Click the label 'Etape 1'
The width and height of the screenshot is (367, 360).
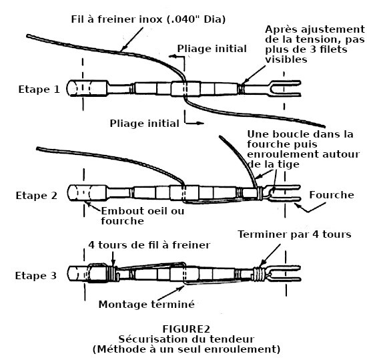click(x=39, y=89)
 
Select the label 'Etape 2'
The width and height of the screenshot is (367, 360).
click(x=37, y=196)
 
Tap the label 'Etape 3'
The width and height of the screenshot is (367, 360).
click(x=36, y=276)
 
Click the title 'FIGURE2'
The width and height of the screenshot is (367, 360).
click(x=186, y=329)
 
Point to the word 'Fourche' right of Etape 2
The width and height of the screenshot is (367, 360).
click(x=332, y=195)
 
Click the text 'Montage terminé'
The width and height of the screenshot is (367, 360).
click(x=147, y=305)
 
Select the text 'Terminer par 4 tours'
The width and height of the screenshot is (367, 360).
click(x=294, y=234)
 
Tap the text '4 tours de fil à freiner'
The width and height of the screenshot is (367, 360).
click(x=149, y=245)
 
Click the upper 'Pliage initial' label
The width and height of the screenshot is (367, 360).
click(x=212, y=49)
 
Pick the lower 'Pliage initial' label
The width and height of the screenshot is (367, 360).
click(x=144, y=124)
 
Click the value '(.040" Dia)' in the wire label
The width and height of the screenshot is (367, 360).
click(x=196, y=19)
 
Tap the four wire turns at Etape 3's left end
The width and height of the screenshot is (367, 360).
click(x=111, y=273)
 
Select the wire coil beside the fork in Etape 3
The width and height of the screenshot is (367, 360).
click(x=260, y=275)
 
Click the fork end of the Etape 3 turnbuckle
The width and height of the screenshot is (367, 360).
click(x=285, y=273)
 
